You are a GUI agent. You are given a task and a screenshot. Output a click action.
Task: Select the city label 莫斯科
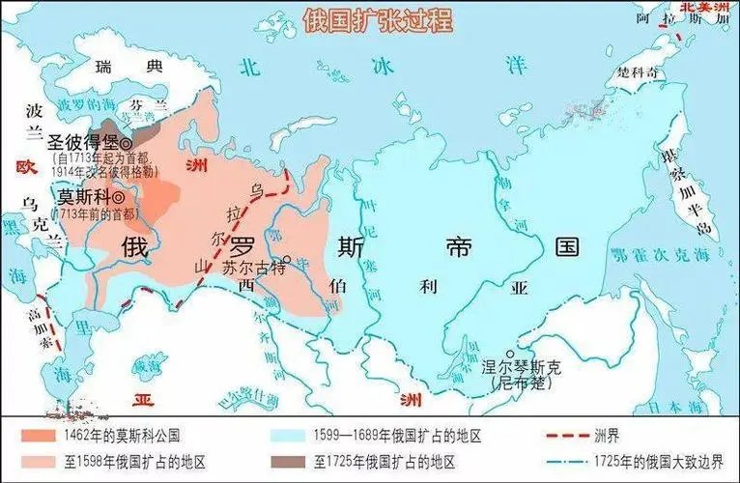coord(81,194)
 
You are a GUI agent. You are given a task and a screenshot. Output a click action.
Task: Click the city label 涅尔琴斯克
coord(521,368)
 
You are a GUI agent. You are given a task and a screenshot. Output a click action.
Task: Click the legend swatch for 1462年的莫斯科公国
coord(30,435)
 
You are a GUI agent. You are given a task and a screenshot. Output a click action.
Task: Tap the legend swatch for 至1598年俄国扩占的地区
coord(30,461)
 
